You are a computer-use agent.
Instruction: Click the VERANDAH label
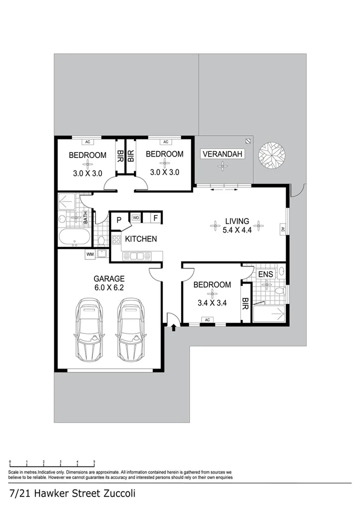point(222,154)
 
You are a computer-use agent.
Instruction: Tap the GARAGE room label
point(108,278)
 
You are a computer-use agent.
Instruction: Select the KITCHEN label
point(141,239)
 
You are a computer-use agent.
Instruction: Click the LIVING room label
point(237,221)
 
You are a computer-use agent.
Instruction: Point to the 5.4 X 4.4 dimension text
point(237,230)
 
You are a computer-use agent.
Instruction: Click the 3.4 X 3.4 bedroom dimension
point(212,302)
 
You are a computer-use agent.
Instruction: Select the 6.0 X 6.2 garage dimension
point(108,287)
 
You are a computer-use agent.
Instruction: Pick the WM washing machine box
point(90,254)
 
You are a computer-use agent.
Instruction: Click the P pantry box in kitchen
point(119,219)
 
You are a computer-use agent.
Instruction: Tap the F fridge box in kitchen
point(155,218)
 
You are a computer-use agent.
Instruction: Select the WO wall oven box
point(136,218)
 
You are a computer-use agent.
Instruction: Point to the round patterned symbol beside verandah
point(272,155)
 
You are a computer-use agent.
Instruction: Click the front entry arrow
point(174,328)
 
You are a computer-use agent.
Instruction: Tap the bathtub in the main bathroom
point(74,238)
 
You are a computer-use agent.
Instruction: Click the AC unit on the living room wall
point(282,229)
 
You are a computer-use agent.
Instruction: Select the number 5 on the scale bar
point(94,461)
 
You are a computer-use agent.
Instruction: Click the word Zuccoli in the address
point(116,493)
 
